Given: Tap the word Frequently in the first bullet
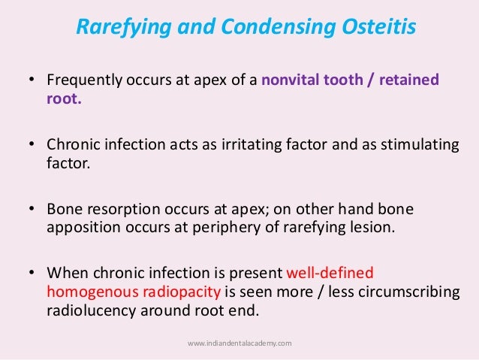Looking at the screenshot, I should (79, 80).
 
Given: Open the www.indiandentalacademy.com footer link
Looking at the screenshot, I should (239, 343).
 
